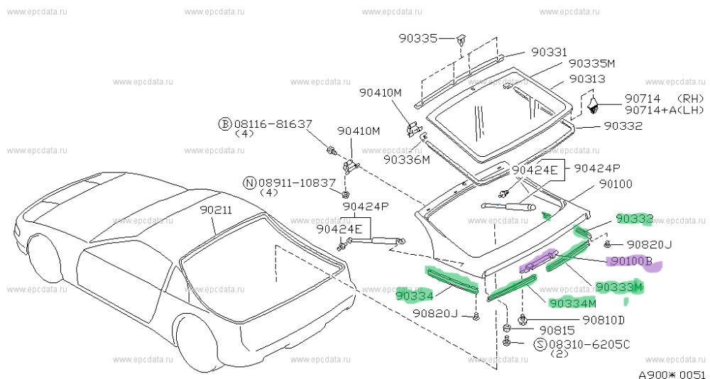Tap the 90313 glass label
[x=586, y=79]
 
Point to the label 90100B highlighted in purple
[x=629, y=261]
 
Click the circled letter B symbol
[x=224, y=123]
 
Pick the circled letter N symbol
[x=249, y=182]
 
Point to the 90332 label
[x=623, y=126]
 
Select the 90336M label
[x=407, y=160]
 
